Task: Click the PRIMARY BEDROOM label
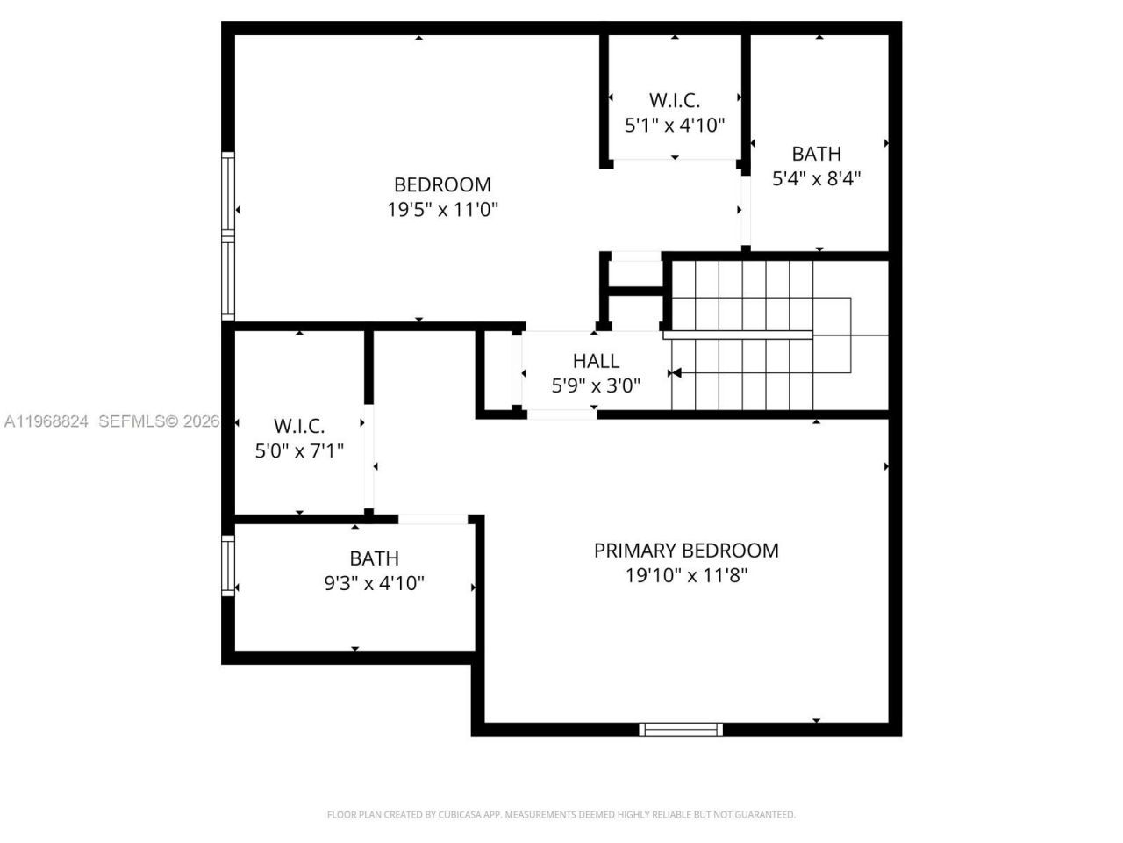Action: click(686, 551)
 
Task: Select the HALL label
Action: click(596, 361)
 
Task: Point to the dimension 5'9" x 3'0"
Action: click(596, 385)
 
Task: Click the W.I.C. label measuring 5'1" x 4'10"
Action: click(674, 100)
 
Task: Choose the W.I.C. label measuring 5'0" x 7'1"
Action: click(299, 427)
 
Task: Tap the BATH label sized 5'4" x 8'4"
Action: click(816, 154)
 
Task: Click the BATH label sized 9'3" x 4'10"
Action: click(374, 558)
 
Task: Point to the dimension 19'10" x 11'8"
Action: click(686, 576)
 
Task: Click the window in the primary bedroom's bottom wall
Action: click(681, 729)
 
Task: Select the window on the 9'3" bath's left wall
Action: click(228, 566)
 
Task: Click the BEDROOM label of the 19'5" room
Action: click(442, 184)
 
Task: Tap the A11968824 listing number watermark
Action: click(46, 421)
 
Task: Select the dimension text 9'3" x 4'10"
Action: click(374, 584)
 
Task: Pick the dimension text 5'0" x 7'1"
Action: click(299, 451)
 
